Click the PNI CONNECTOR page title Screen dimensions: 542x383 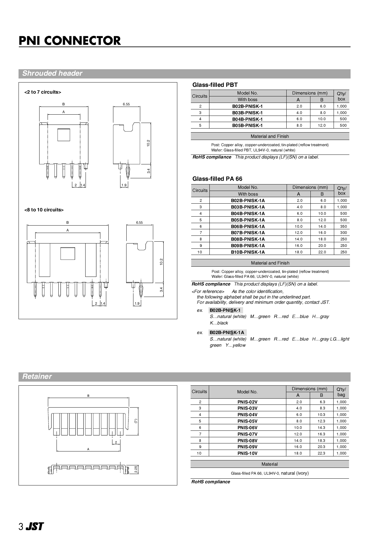[70, 41]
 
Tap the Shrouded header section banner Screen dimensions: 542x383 [52, 74]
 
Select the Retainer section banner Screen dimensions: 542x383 [37, 377]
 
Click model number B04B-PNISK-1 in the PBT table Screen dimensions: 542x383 [247, 119]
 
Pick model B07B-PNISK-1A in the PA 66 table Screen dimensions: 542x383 [248, 233]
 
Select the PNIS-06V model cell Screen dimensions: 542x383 [247, 428]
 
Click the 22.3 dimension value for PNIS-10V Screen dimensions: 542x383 [321, 453]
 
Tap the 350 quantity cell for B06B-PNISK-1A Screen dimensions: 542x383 [343, 226]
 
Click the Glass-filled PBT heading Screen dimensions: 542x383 [215, 85]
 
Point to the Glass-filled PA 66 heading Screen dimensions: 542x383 [217, 179]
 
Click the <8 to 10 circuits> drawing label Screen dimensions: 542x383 [44, 210]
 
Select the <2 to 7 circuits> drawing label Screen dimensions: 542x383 [43, 92]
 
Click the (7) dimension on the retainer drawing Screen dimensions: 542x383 [135, 421]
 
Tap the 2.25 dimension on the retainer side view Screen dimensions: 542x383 [136, 470]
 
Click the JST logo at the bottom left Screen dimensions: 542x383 [35, 527]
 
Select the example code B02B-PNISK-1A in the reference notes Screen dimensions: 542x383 [227, 333]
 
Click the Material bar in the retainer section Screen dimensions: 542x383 [269, 464]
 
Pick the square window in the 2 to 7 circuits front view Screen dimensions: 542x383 [64, 135]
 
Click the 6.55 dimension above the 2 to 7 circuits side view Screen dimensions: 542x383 [126, 104]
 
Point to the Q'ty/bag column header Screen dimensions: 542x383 [341, 392]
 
